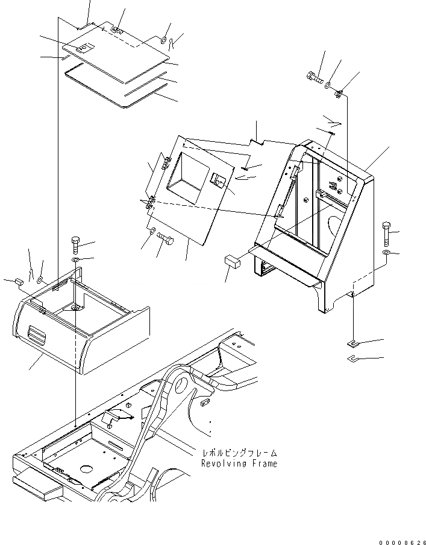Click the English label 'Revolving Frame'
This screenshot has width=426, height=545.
[x=240, y=464]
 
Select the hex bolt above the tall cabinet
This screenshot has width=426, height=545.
[x=315, y=77]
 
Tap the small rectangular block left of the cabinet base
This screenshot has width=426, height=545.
[x=233, y=261]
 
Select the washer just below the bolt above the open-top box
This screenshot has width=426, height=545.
[x=75, y=260]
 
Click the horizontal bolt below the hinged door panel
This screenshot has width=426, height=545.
[x=165, y=240]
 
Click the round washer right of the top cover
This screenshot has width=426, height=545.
[x=164, y=40]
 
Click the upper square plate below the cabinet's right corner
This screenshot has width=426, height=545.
[x=352, y=344]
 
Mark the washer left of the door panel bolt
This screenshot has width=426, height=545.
[x=152, y=231]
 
